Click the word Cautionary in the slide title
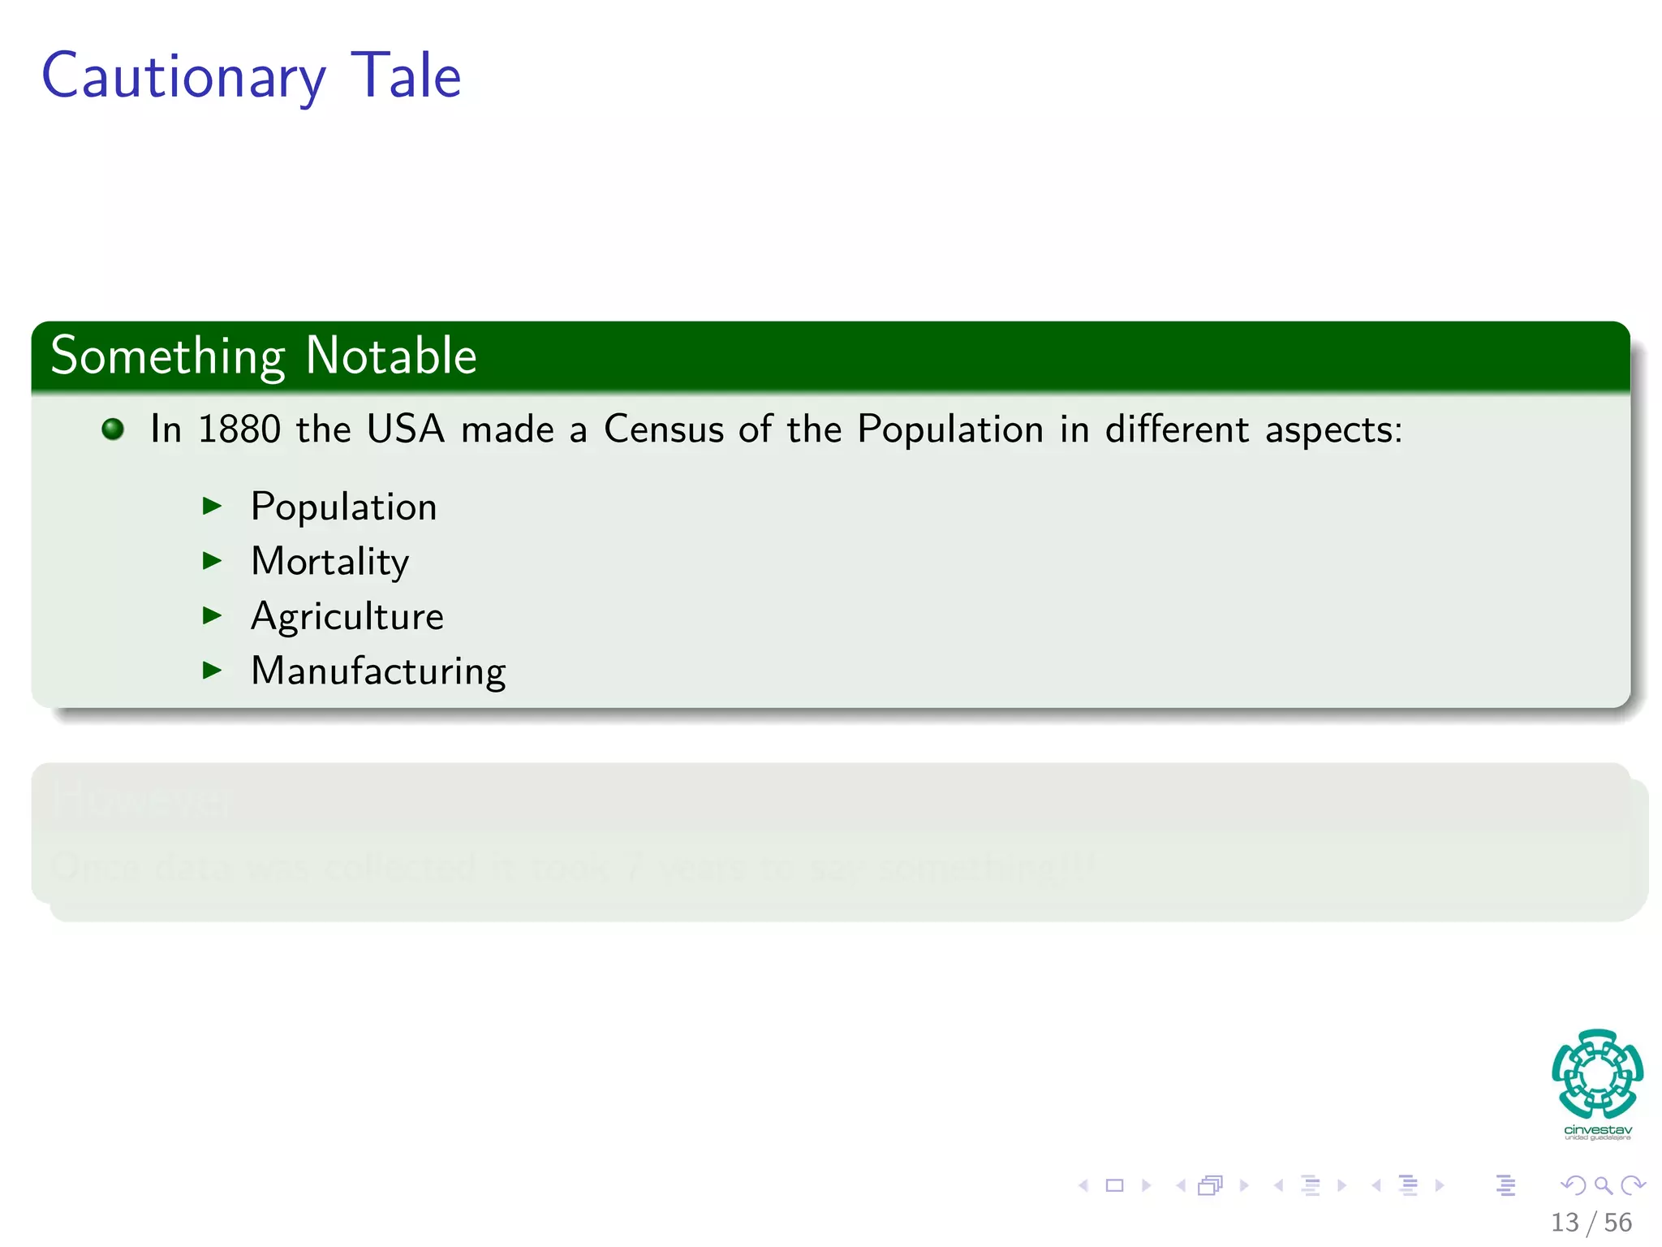tap(183, 77)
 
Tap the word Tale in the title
tap(406, 76)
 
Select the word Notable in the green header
tap(391, 356)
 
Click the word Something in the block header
tap(167, 357)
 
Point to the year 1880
tap(239, 429)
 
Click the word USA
tap(406, 429)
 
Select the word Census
tap(663, 429)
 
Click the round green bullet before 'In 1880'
tap(113, 429)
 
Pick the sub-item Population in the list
tap(344, 507)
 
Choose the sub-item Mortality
tap(330, 561)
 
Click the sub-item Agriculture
tap(347, 616)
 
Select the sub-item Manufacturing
tap(378, 671)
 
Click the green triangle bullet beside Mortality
tap(212, 560)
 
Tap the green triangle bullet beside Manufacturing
tap(212, 670)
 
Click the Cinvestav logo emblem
tap(1597, 1074)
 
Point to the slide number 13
tap(1565, 1223)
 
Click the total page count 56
tap(1617, 1223)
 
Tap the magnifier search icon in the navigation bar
tap(1603, 1185)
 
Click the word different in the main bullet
tap(1177, 429)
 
